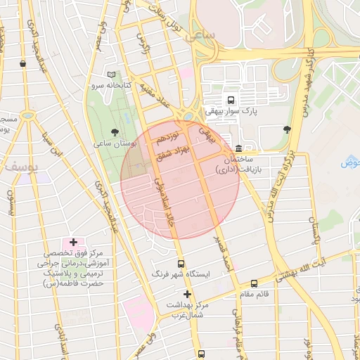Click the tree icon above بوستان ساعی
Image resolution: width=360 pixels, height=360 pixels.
click(115, 131)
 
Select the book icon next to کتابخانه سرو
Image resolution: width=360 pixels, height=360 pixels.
click(111, 75)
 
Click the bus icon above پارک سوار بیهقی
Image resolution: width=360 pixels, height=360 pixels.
click(231, 99)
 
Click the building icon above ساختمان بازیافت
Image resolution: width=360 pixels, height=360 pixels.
click(239, 148)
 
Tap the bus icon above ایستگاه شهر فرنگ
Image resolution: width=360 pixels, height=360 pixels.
click(181, 264)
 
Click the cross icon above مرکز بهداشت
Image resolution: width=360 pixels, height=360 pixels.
click(187, 294)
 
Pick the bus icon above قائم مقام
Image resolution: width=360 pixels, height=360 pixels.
click(254, 284)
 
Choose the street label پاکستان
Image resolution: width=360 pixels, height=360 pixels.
click(314, 232)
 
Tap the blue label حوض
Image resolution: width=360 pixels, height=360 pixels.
click(350, 163)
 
